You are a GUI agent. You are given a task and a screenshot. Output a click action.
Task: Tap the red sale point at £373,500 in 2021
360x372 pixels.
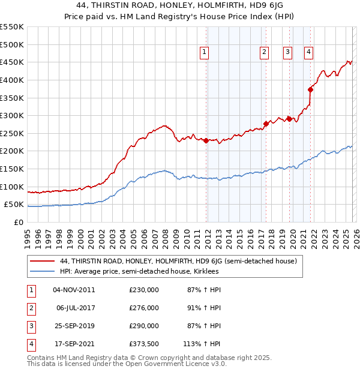pos(310,89)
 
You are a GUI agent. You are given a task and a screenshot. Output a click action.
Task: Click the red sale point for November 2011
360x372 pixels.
pos(206,140)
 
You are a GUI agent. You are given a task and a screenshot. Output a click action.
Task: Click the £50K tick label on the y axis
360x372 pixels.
pos(14,205)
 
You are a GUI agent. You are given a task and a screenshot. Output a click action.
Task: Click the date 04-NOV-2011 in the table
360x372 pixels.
pos(74,289)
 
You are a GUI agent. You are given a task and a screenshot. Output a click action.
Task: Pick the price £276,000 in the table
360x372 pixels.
pos(144,307)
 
